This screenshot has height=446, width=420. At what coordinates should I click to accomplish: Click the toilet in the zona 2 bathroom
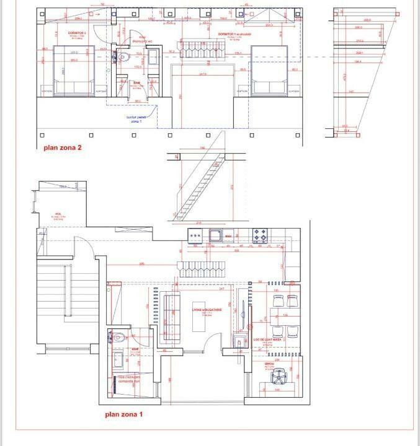(x=122, y=58)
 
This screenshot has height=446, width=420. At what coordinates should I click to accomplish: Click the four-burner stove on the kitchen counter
(x=259, y=235)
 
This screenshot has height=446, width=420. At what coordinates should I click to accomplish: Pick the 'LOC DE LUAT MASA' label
(x=268, y=339)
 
